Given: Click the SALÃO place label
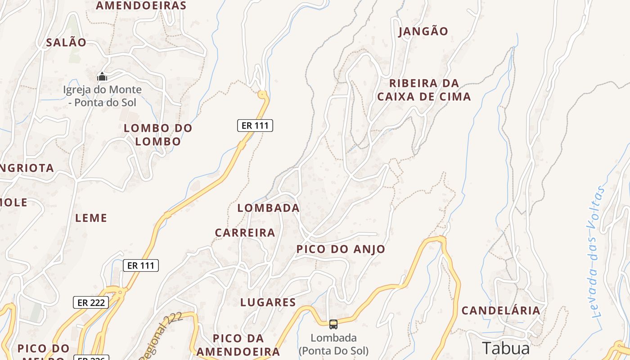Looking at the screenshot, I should click(x=66, y=43).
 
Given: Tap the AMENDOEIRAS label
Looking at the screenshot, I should click(x=141, y=5).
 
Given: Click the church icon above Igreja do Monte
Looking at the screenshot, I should click(x=102, y=77).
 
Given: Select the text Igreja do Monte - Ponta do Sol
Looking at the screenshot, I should click(x=102, y=96).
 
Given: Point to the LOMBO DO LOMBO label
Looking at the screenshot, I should click(x=158, y=135).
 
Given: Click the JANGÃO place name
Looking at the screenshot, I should click(x=423, y=31).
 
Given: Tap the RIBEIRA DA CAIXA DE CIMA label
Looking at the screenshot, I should click(x=424, y=90).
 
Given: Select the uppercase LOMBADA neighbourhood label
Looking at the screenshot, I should click(x=268, y=208).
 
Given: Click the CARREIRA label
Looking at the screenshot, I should click(x=245, y=233).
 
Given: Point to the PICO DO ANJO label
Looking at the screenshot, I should click(x=341, y=249).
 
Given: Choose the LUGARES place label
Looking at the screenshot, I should click(x=268, y=302).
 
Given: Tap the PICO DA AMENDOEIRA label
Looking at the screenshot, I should click(x=238, y=345).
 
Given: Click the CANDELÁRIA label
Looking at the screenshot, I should click(x=501, y=310).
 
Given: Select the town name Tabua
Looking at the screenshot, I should click(x=506, y=348).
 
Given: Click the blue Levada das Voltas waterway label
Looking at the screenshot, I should click(x=597, y=252).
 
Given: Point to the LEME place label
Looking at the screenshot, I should click(x=91, y=218).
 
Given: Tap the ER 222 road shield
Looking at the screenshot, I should click(x=91, y=302).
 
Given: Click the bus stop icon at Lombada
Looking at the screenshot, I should click(x=333, y=324).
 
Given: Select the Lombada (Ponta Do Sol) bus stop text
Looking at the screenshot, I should click(x=333, y=344).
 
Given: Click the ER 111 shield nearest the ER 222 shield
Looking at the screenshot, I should click(x=141, y=265).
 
